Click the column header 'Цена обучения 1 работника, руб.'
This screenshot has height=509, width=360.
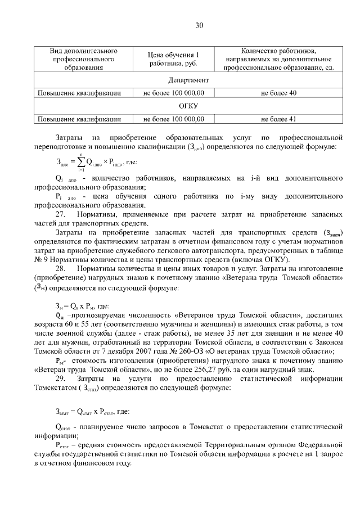pos(173,59)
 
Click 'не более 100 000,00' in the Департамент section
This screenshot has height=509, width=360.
pos(173,93)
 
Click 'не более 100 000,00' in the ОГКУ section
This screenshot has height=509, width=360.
pos(173,119)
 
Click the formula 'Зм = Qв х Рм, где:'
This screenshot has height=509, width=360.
pos(82,306)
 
